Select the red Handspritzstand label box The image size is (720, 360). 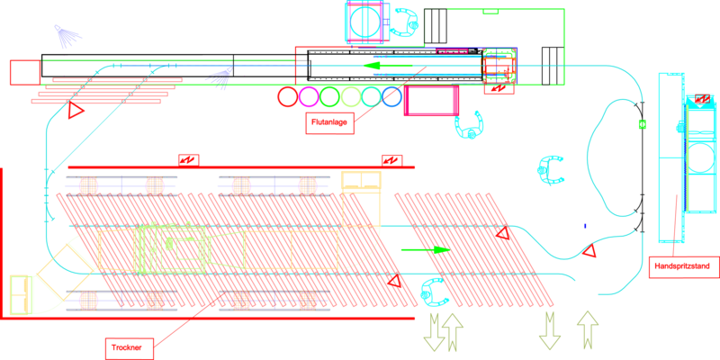click(x=683, y=266)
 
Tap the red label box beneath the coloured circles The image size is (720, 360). click(x=330, y=122)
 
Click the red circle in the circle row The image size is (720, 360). click(x=288, y=96)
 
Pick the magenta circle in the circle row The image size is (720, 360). click(x=309, y=96)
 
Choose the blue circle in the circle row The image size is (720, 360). click(x=391, y=96)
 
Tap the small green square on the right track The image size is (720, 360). click(x=642, y=123)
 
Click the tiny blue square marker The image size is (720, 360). click(x=584, y=226)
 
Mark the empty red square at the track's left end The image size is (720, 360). click(x=24, y=72)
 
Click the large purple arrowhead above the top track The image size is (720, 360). click(x=67, y=36)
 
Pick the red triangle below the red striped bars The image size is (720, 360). click(x=76, y=111)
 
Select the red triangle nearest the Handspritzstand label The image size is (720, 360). click(x=589, y=253)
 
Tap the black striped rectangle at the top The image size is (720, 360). click(x=436, y=25)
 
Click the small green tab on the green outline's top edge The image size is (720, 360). click(x=490, y=12)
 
